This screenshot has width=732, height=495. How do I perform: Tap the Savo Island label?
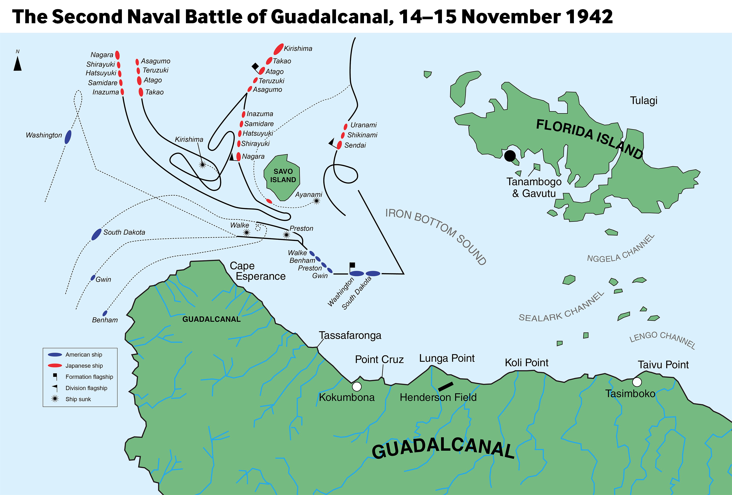(283, 176)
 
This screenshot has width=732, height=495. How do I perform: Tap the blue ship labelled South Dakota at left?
(96, 235)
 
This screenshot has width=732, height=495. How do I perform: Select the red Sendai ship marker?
(339, 145)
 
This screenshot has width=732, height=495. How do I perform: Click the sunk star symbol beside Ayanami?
(317, 201)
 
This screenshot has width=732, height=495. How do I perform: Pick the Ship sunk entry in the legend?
(78, 399)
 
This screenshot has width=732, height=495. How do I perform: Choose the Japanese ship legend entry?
(84, 366)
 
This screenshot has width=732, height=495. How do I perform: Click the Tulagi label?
(643, 101)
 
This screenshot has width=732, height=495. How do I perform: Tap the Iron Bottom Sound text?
(436, 236)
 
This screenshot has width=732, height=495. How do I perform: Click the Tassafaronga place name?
(350, 336)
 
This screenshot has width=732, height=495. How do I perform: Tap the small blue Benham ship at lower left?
(105, 313)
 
